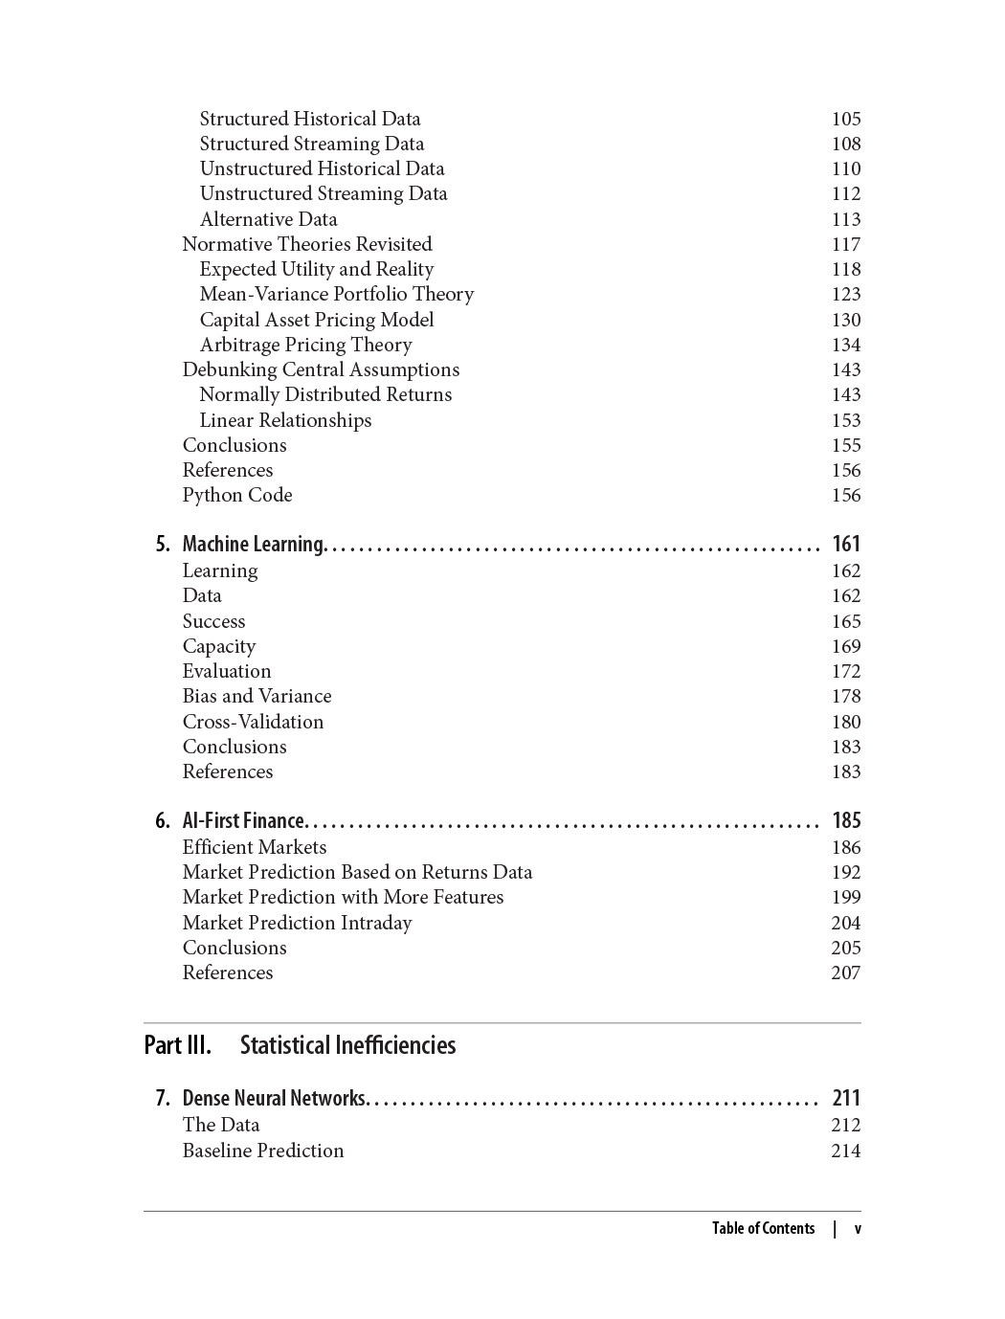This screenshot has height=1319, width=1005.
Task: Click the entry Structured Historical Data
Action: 310,119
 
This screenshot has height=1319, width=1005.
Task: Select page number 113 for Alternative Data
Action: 845,219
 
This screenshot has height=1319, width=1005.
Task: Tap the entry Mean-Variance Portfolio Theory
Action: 336,294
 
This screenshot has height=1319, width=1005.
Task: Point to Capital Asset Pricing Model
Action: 316,320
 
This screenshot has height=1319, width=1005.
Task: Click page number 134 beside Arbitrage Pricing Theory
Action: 845,345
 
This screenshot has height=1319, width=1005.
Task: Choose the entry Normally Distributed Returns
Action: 325,394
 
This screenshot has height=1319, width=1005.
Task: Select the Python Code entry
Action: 237,495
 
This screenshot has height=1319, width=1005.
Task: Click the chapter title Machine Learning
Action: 254,544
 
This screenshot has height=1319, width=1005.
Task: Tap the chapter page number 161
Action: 846,544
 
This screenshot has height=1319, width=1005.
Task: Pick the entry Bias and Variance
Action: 257,696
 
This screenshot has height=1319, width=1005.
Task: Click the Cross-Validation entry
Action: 253,722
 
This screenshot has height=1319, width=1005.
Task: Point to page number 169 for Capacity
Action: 845,646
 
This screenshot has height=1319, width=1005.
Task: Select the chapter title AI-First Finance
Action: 243,820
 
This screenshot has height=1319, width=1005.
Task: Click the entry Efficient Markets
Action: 254,847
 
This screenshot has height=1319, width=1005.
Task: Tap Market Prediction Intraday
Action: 297,923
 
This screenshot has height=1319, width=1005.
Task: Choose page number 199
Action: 845,897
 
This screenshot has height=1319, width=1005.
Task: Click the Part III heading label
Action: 177,1044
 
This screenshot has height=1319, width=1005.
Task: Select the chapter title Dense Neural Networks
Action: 274,1098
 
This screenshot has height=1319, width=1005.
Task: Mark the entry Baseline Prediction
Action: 263,1151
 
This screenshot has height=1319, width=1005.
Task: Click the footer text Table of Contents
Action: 763,1228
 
